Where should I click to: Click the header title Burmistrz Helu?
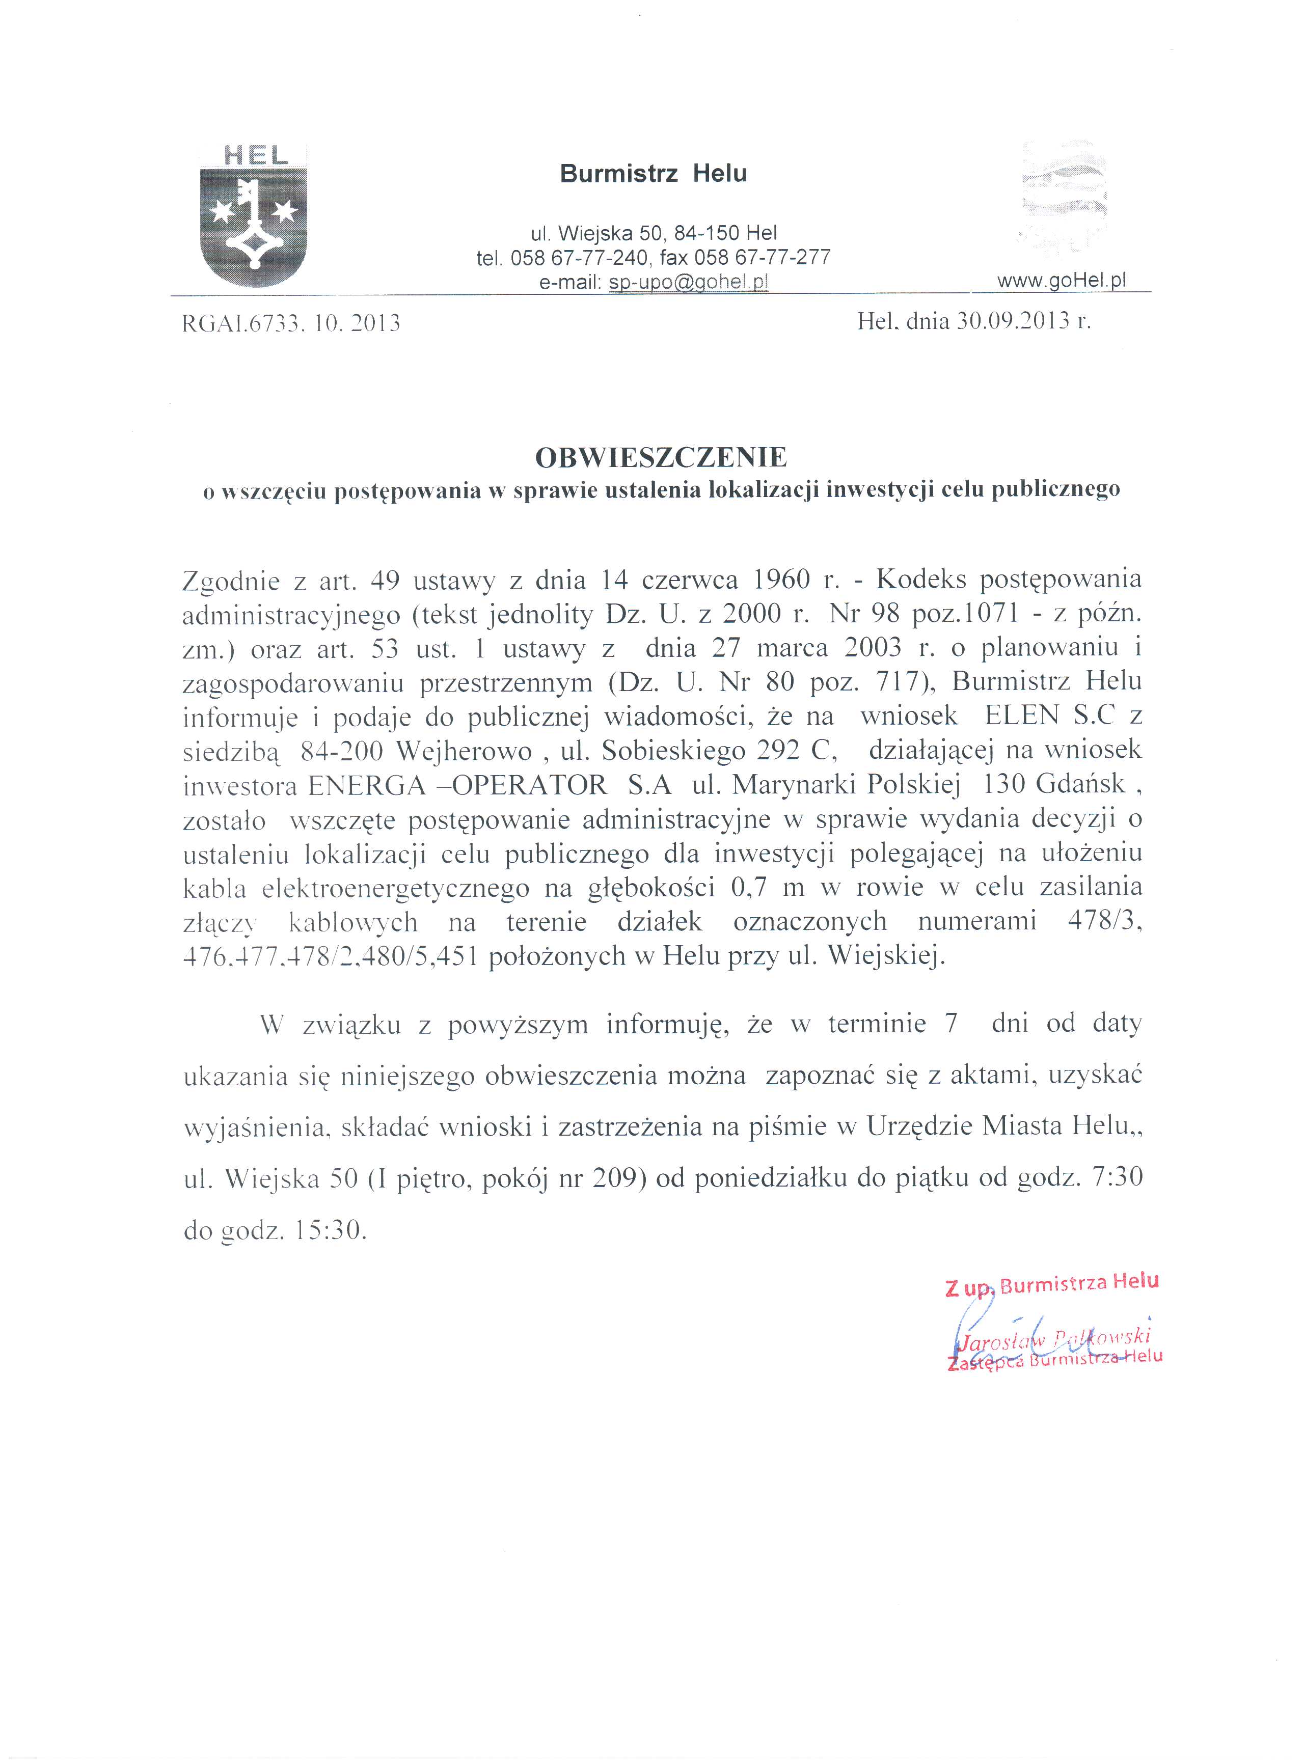pyautogui.click(x=653, y=174)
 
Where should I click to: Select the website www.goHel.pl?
pyautogui.click(x=1062, y=280)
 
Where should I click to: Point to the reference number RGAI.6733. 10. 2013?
pyautogui.click(x=291, y=323)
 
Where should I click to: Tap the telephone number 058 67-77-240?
pyautogui.click(x=580, y=257)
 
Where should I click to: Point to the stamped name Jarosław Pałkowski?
pyautogui.click(x=1054, y=1338)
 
